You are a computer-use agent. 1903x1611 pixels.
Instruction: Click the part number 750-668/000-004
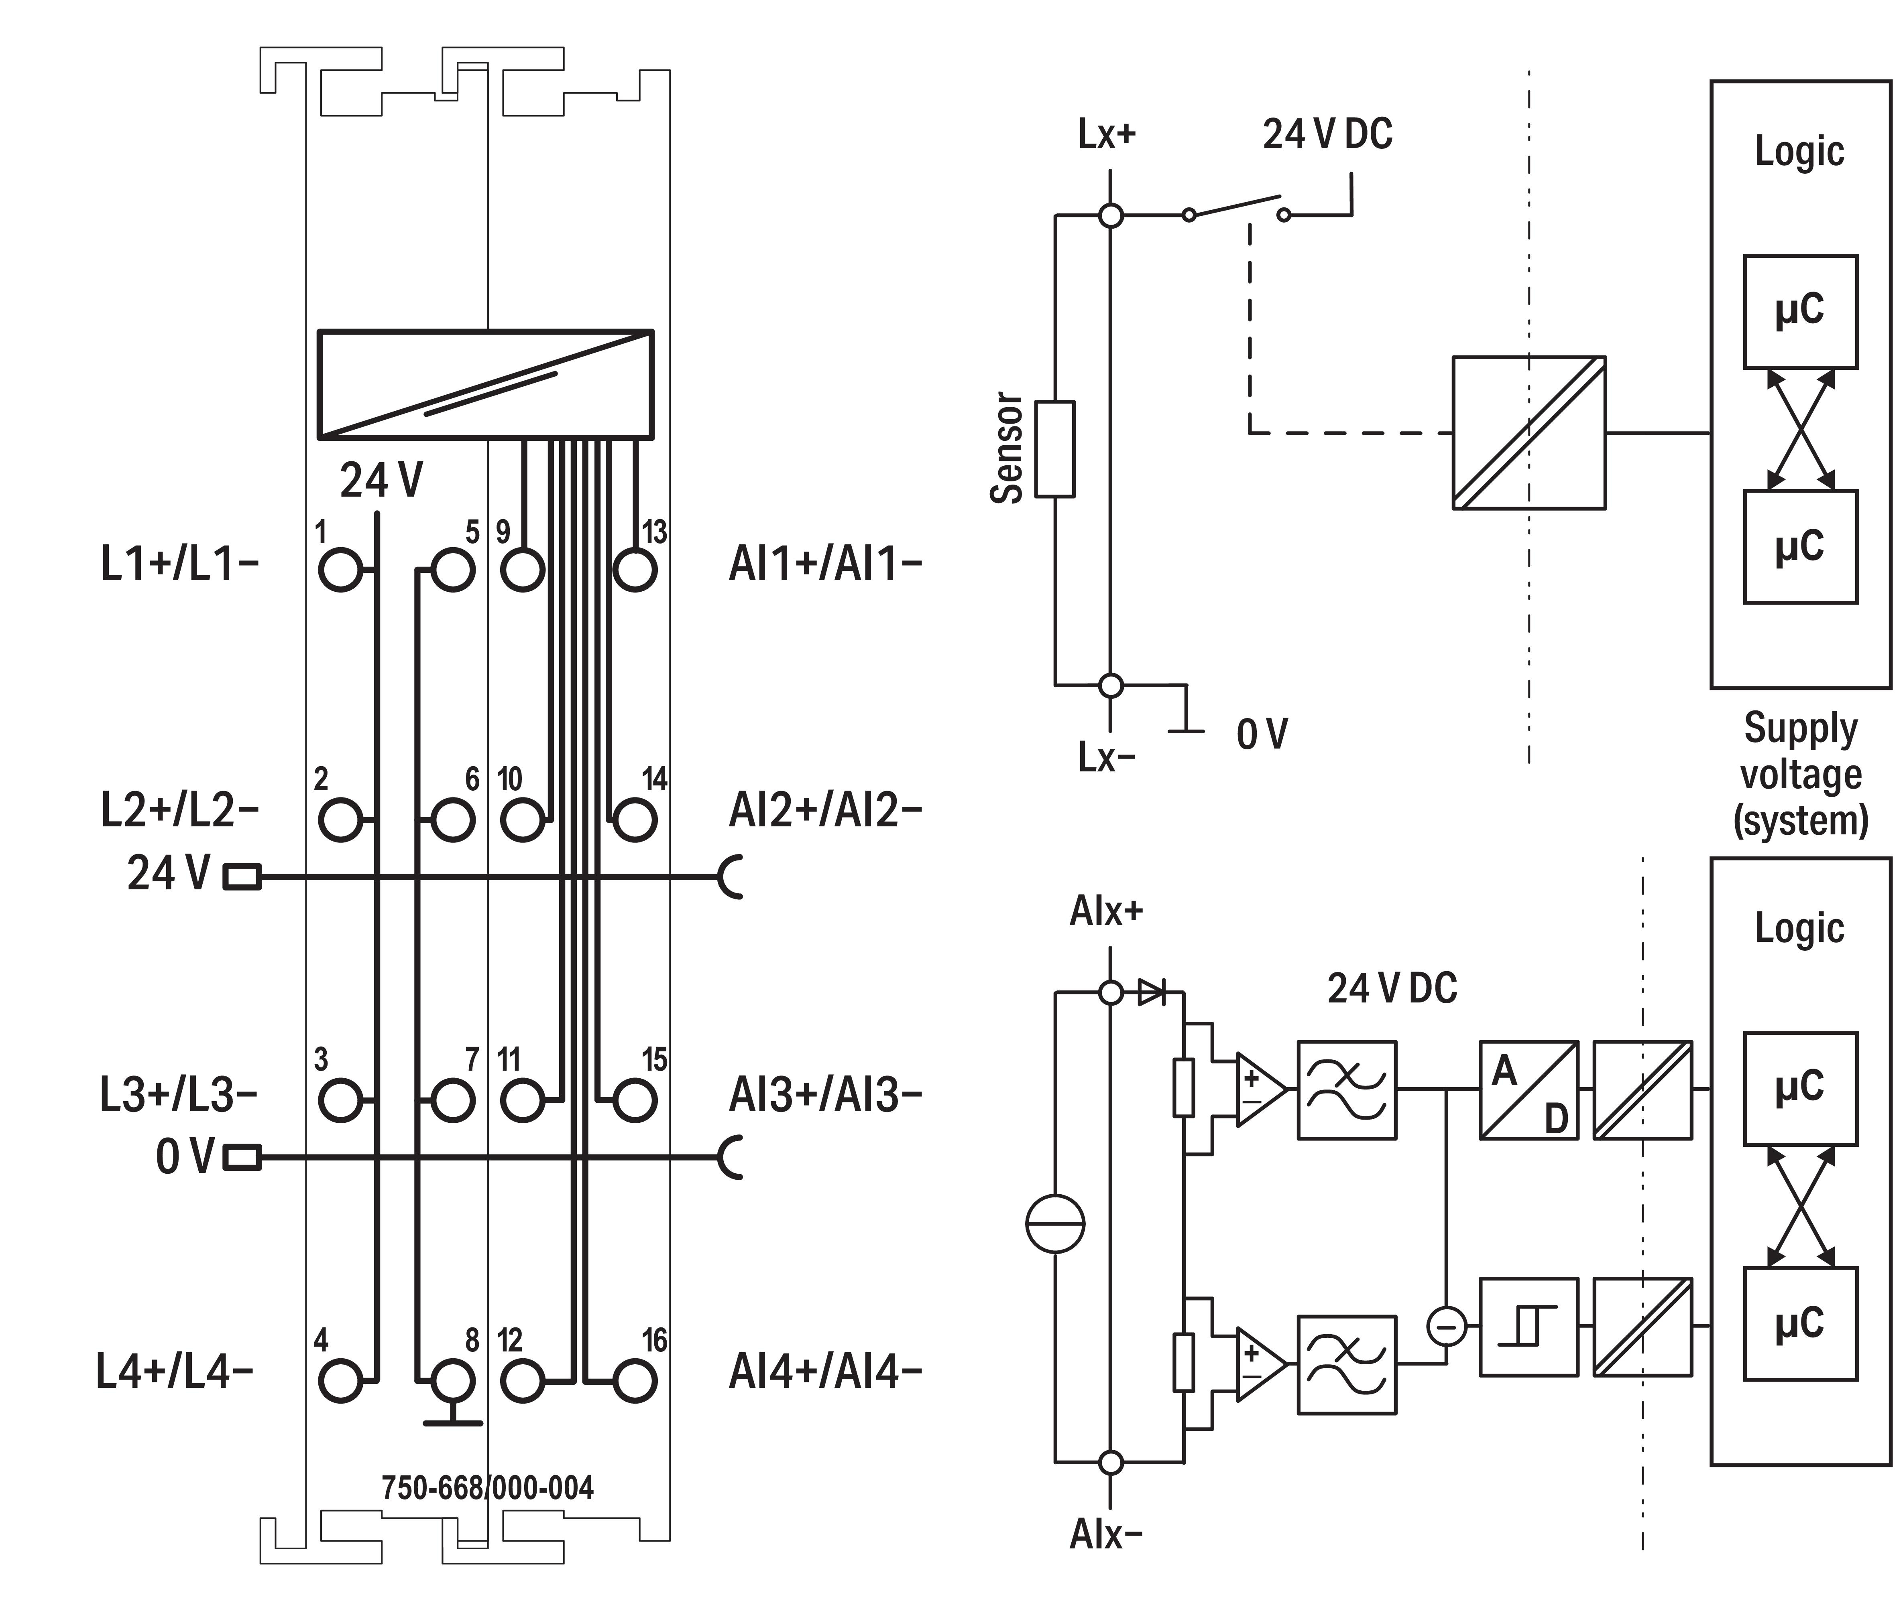[487, 1488]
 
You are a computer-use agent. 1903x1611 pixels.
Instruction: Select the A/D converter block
[1529, 1090]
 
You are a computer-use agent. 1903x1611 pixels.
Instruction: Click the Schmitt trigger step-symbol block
[1529, 1326]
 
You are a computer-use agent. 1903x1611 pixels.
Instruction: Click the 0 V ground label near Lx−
[1262, 733]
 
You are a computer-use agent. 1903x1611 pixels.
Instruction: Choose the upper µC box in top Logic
[1800, 311]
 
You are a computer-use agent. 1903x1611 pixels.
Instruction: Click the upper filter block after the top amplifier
[1347, 1090]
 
